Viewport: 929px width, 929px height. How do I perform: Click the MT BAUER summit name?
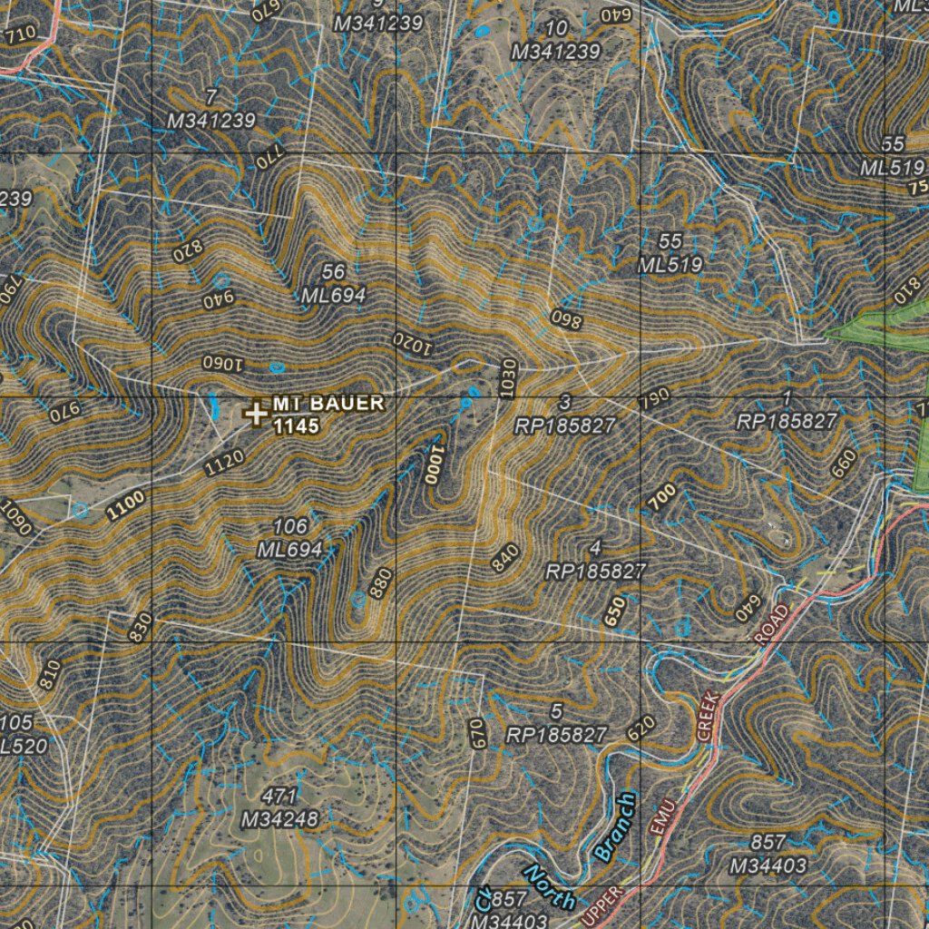coord(328,404)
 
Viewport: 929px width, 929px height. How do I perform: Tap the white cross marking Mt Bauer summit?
coord(256,414)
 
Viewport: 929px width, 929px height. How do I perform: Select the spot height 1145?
coord(297,425)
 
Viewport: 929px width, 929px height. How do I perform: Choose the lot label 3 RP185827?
coord(565,414)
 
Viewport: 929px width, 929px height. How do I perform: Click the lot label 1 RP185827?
coord(787,410)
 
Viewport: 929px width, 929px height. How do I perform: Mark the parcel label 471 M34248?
coord(279,808)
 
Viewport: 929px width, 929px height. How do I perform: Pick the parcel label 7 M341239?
coord(211,109)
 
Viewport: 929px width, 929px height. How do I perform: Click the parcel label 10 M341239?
coord(556,41)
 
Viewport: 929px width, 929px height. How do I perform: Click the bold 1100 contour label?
coord(124,504)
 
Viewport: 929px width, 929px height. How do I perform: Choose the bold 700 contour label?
coord(662,496)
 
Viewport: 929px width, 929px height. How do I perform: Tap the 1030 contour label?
coord(508,376)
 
